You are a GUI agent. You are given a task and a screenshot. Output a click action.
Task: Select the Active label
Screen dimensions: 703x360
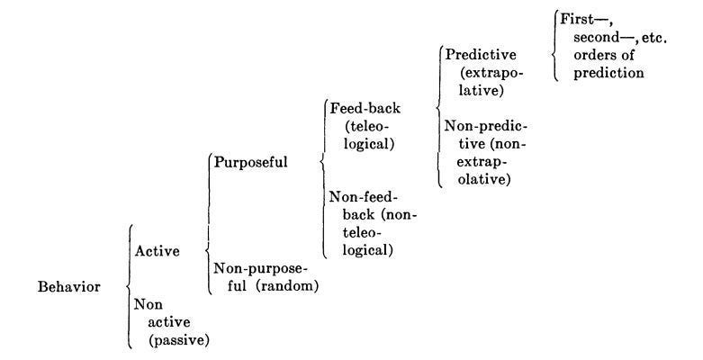[157, 251]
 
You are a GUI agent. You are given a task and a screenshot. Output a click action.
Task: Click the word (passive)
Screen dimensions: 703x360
[180, 340]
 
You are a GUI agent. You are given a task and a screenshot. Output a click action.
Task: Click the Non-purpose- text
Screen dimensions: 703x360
[260, 268]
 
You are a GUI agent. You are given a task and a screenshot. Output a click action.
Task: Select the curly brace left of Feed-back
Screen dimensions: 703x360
[321, 162]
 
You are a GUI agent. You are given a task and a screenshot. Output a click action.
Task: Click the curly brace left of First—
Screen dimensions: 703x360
[553, 43]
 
